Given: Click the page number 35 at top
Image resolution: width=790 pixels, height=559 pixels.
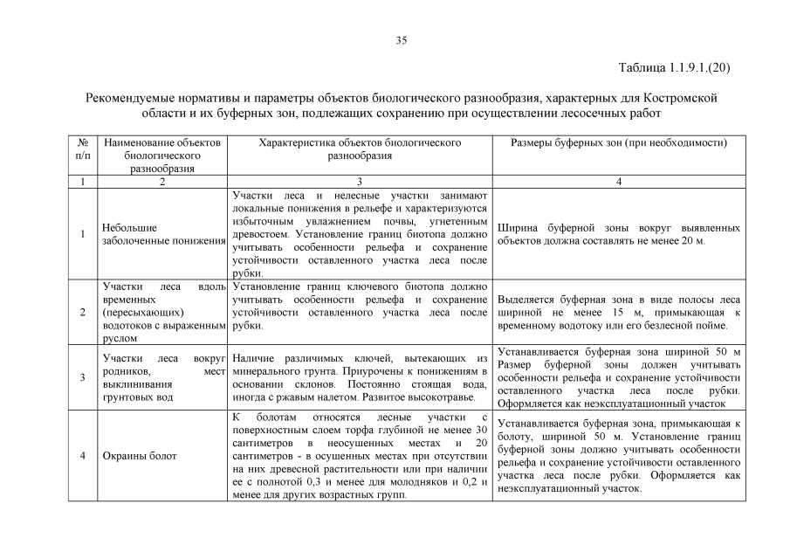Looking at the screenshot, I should (x=402, y=40).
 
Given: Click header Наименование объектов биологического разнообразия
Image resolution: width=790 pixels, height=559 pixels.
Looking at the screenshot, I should (x=162, y=155).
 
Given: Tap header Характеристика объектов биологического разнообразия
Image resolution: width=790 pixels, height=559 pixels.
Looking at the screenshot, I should (x=361, y=148).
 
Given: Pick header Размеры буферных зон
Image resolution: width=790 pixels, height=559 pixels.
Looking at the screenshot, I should (x=619, y=141).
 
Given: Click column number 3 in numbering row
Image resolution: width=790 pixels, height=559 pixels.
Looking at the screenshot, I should (x=361, y=182).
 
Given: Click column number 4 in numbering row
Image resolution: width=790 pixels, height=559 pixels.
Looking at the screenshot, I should (x=619, y=182).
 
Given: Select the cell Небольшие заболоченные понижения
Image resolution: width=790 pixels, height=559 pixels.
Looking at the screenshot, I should (x=162, y=234).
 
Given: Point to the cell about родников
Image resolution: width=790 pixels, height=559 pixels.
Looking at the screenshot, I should (x=162, y=377).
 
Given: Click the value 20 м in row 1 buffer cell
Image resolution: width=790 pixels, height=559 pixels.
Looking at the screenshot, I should (x=691, y=240).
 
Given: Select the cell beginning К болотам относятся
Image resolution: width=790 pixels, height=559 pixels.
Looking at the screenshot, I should (x=361, y=456).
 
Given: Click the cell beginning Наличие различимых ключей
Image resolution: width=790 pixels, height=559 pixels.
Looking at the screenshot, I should (x=361, y=377).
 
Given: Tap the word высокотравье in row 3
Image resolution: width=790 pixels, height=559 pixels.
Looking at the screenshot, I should (x=435, y=397).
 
